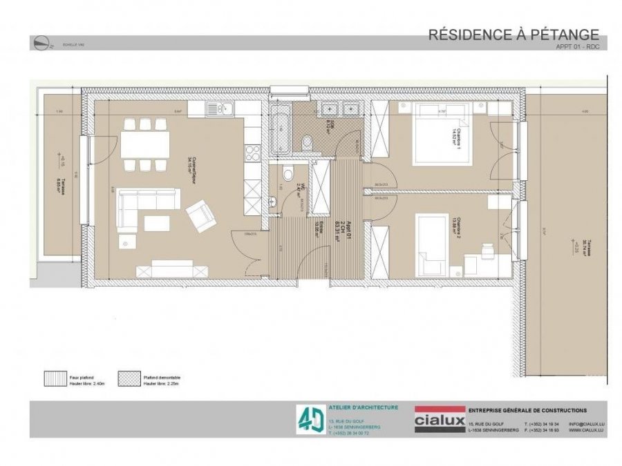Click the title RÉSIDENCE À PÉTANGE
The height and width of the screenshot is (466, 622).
click(513, 34)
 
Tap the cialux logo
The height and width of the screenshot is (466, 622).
click(439, 419)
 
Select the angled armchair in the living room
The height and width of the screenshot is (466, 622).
click(200, 216)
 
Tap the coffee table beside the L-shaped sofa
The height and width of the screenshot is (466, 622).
click(157, 223)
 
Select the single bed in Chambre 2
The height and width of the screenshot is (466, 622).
click(432, 244)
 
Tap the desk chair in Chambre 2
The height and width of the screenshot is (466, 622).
click(487, 247)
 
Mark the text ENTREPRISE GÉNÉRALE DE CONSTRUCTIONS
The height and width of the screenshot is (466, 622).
click(527, 410)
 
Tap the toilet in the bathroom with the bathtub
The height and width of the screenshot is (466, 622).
click(307, 142)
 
